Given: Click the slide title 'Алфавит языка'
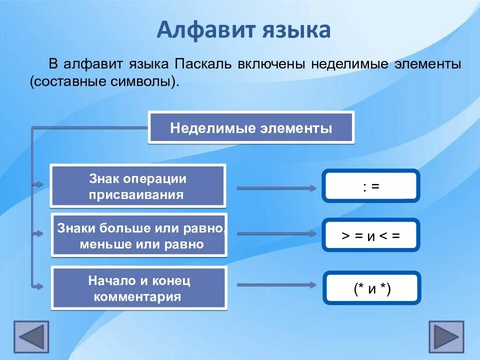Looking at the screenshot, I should (243, 30).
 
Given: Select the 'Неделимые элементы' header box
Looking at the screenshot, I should (251, 128).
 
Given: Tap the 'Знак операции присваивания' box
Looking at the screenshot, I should (137, 186).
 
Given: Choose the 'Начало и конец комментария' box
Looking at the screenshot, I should (139, 288).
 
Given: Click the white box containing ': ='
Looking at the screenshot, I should (371, 186).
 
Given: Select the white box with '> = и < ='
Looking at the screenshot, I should (371, 235).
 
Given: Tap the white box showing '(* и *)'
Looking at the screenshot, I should (371, 288).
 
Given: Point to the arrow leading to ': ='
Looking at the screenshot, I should (276, 188).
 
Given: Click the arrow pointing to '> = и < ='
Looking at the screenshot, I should (276, 233).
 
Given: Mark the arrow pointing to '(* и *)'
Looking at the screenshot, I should (276, 285).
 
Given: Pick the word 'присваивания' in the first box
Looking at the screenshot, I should (136, 194).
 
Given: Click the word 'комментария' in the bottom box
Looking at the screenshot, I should (137, 297).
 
